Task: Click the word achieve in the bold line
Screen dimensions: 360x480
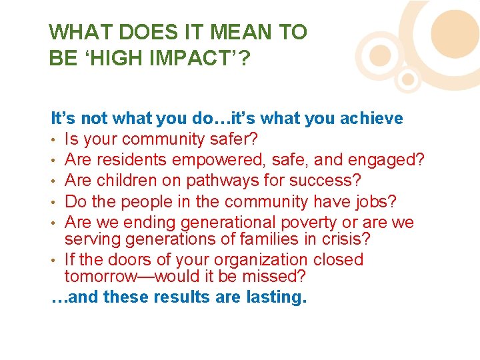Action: (371, 119)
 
